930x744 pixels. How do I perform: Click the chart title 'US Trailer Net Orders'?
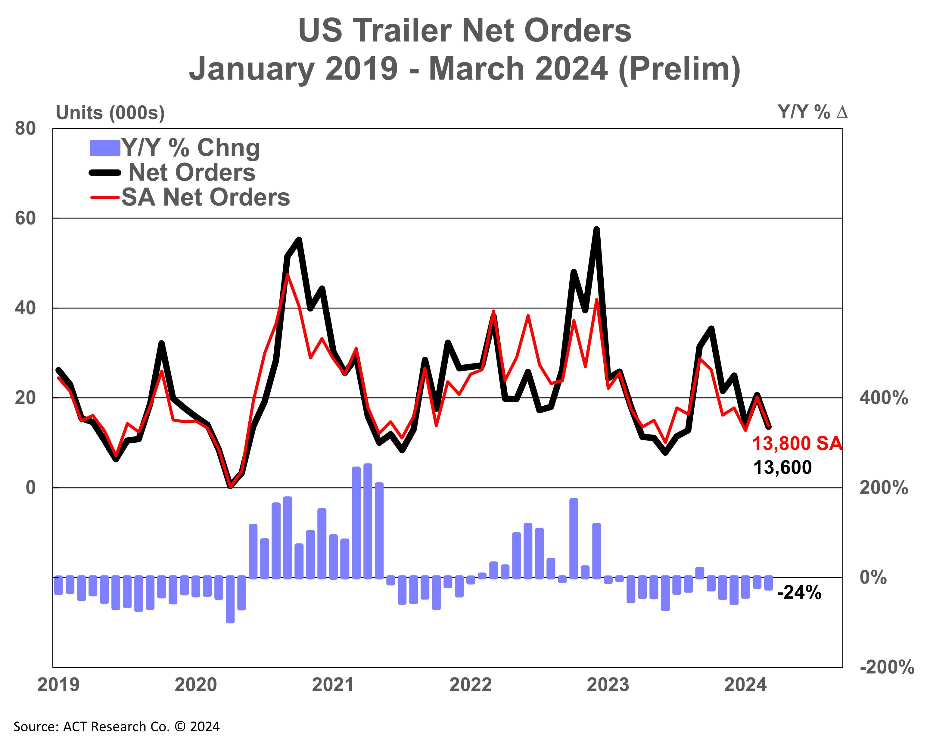pos(465,31)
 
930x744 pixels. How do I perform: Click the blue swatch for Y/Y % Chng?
pos(104,148)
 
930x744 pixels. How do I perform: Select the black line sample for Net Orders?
pos(105,172)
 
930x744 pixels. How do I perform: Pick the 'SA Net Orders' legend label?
pos(205,197)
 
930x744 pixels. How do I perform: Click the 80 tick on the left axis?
pos(25,129)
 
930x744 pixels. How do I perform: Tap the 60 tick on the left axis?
pos(25,218)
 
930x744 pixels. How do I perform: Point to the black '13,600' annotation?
pos(782,467)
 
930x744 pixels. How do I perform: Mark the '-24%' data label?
pos(799,593)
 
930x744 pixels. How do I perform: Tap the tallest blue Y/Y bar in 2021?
pos(368,521)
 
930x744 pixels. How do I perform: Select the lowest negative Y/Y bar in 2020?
pos(230,600)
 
